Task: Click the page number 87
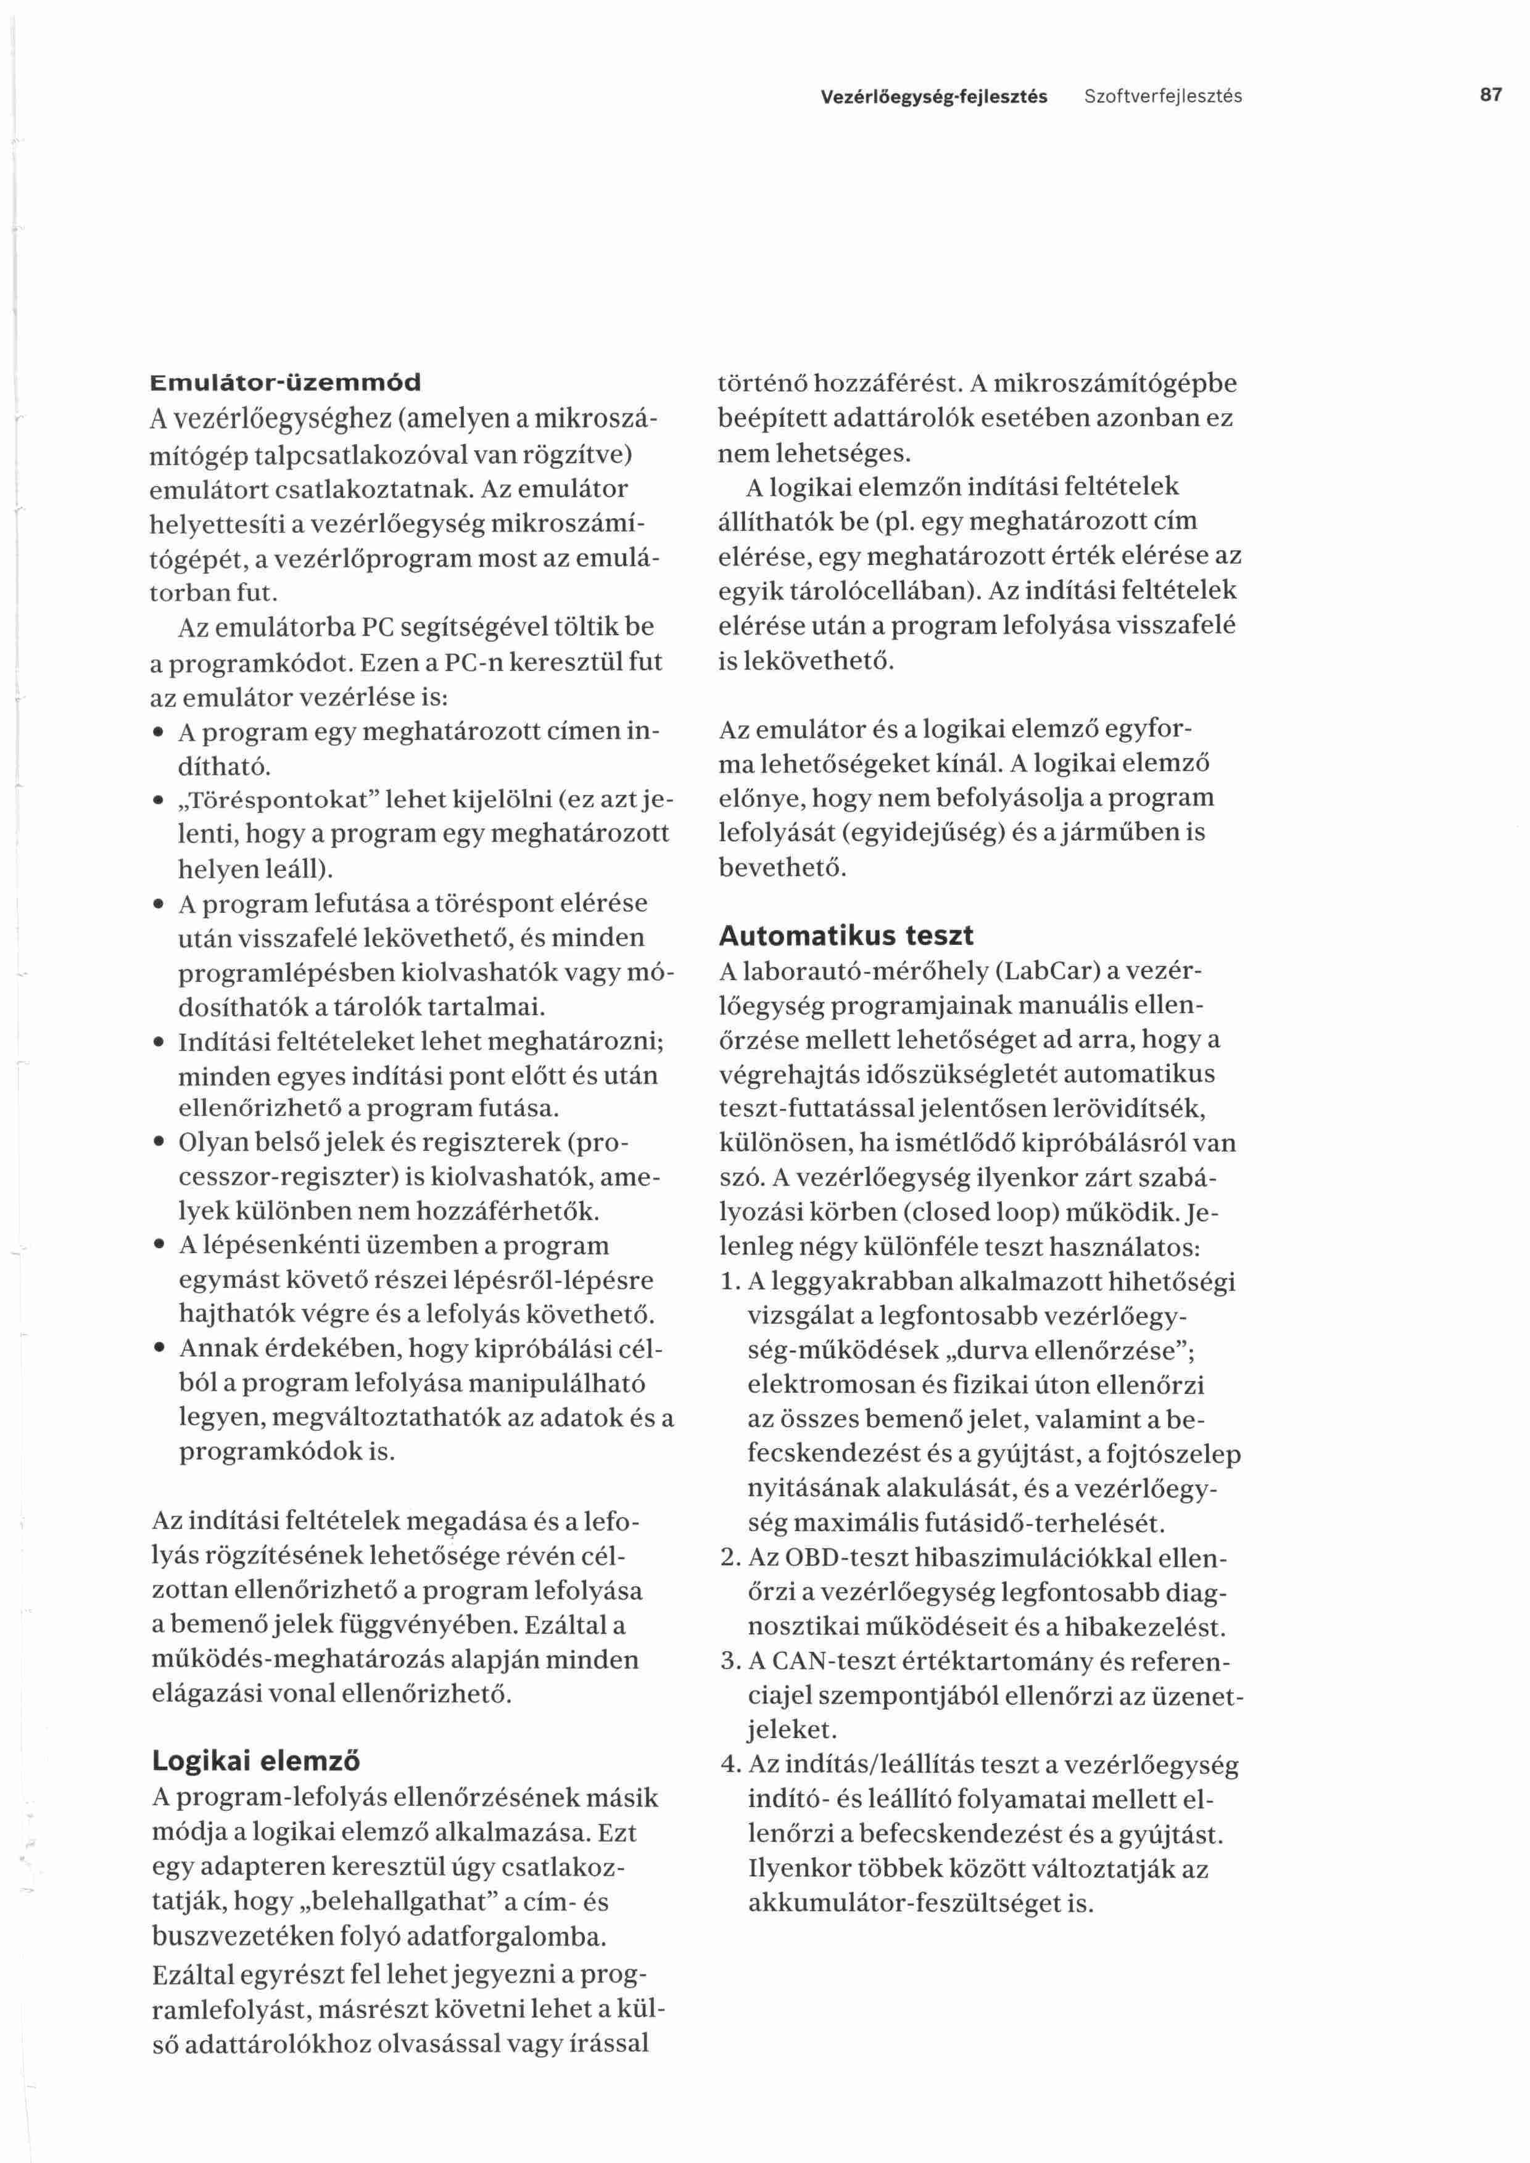click(x=1491, y=95)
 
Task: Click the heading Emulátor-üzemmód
click(x=286, y=382)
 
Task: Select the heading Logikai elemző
click(x=256, y=1761)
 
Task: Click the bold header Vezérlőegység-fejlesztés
click(x=933, y=96)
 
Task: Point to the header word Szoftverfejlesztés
click(x=1162, y=96)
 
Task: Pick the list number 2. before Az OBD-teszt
click(x=729, y=1557)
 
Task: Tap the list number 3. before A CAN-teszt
click(x=729, y=1661)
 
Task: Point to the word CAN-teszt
click(x=833, y=1661)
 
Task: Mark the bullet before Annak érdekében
click(x=159, y=1349)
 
